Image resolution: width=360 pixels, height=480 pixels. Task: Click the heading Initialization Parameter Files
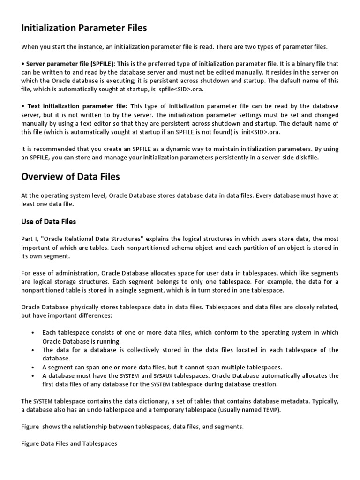coord(84,28)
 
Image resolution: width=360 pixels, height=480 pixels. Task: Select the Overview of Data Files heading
coord(70,176)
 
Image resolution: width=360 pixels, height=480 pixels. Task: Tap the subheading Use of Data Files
coord(48,221)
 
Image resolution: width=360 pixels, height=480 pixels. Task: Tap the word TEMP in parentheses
coord(270,410)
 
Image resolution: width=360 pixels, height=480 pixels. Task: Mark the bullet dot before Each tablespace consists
coord(32,333)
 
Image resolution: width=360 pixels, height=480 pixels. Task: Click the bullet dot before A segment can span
coord(32,367)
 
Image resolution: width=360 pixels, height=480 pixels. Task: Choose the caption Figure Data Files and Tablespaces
coord(69,444)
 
